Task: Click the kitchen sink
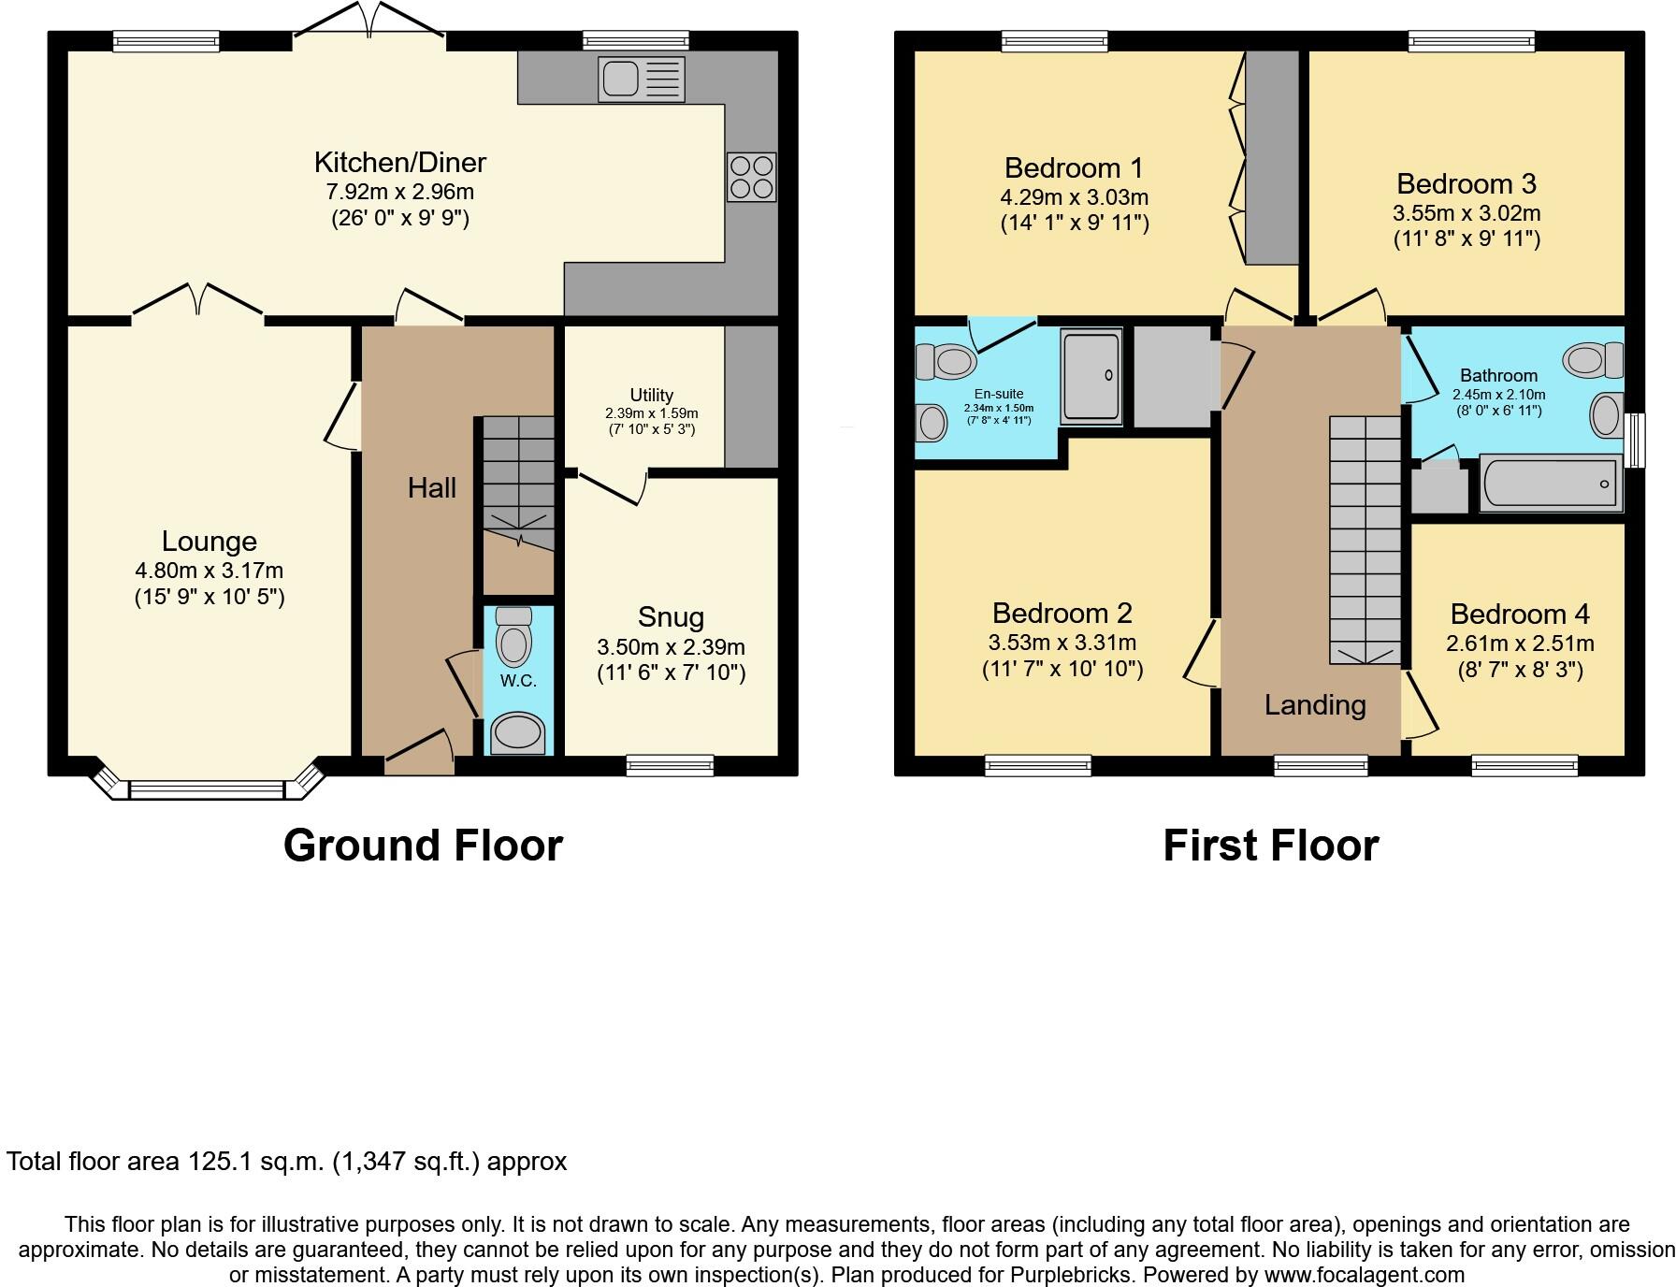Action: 641,80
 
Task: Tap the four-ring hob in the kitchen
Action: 752,177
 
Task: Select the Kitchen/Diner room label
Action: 399,163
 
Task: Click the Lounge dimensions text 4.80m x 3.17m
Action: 209,571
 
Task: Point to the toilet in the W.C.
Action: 513,638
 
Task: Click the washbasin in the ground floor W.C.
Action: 518,732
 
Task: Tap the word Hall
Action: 431,487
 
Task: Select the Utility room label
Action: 651,395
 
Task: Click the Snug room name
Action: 671,617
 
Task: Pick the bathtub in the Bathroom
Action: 1551,484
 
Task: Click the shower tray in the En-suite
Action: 1091,376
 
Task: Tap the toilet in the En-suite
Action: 946,361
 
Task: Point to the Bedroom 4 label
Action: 1519,615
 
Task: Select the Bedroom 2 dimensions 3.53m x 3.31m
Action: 1062,643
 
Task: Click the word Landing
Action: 1314,705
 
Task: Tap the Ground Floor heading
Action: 423,846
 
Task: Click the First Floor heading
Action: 1270,846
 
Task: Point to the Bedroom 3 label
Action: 1466,183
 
